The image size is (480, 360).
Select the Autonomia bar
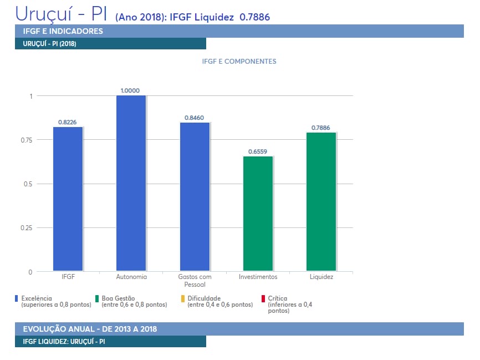tap(131, 183)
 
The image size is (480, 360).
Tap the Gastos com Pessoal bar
tap(195, 196)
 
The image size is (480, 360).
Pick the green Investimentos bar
tap(258, 214)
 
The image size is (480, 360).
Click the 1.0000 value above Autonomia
tap(130, 90)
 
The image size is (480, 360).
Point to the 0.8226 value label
tap(68, 122)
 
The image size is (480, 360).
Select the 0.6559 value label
tap(258, 151)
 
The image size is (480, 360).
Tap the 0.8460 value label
tap(195, 118)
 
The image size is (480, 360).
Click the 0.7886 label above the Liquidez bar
tap(320, 128)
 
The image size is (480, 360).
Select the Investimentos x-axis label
tap(258, 277)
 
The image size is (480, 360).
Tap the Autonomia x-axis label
tap(131, 277)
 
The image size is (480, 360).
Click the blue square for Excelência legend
tap(17, 298)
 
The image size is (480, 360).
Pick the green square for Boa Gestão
tap(97, 298)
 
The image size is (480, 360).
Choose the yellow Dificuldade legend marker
tap(183, 298)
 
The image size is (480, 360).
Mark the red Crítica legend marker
tap(263, 298)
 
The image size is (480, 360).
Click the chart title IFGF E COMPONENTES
tap(239, 62)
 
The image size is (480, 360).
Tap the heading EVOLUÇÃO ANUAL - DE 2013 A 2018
tap(90, 329)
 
